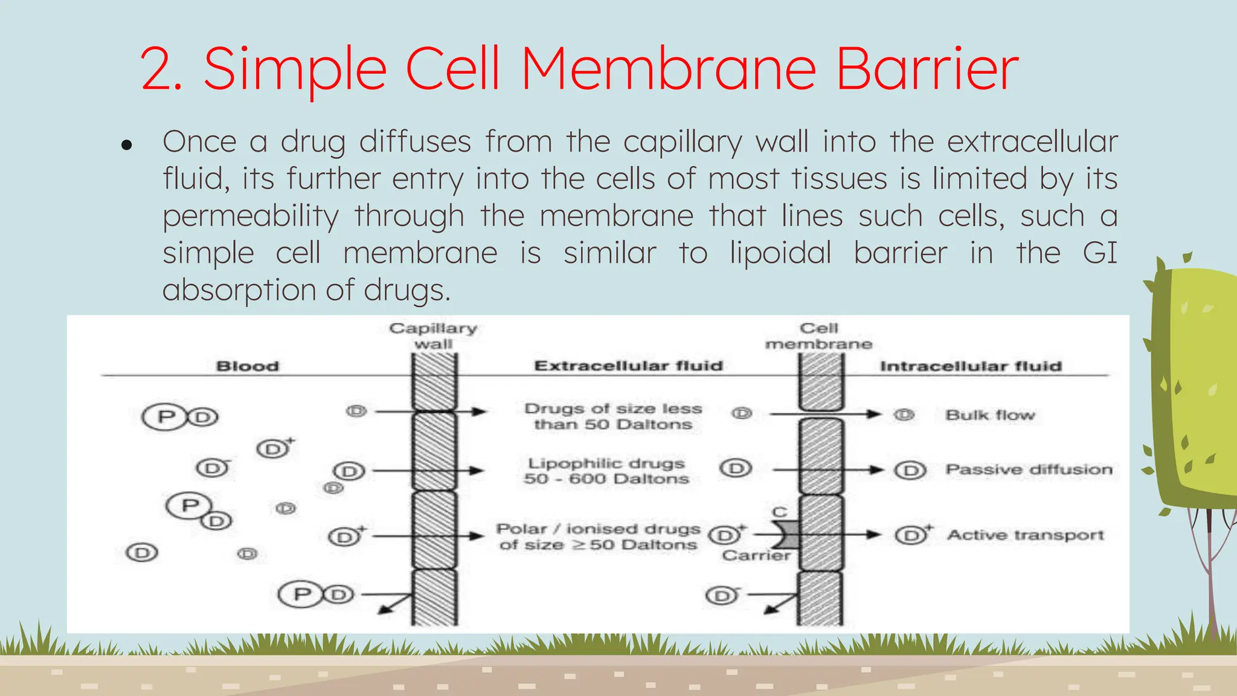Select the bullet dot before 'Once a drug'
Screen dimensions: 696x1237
126,145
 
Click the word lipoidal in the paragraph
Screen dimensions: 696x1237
780,253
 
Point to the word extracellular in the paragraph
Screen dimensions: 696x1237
1032,142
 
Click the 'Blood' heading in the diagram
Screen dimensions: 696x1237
248,366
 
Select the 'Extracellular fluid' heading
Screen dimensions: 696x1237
628,366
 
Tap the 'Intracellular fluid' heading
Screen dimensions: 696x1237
971,366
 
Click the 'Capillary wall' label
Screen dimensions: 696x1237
433,336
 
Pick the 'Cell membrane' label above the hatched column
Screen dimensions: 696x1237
818,336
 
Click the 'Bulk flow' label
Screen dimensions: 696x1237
990,415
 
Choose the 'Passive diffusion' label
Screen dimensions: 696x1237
1029,469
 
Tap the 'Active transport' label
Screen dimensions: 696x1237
1025,535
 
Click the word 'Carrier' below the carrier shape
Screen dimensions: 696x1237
756,555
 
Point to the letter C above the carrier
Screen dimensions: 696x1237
780,512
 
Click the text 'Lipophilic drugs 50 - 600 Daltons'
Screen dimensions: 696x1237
606,471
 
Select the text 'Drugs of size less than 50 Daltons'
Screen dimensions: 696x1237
612,416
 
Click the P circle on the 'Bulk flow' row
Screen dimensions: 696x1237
165,416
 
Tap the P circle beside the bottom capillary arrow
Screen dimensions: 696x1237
302,594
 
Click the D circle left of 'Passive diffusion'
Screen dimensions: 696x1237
910,470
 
